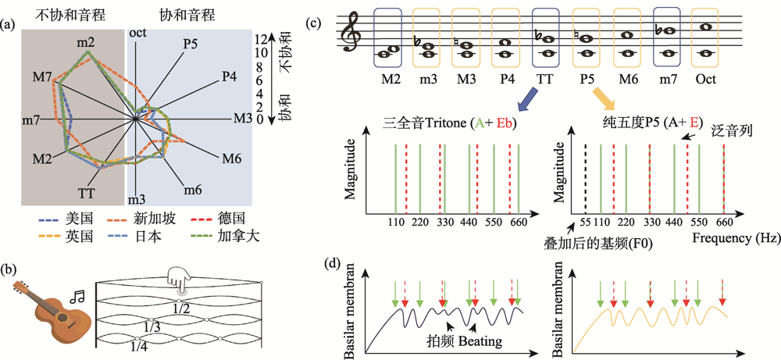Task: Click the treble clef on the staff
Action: pos(352,34)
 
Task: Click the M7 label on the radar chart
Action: pos(42,77)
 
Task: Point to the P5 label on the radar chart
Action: pos(190,45)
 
